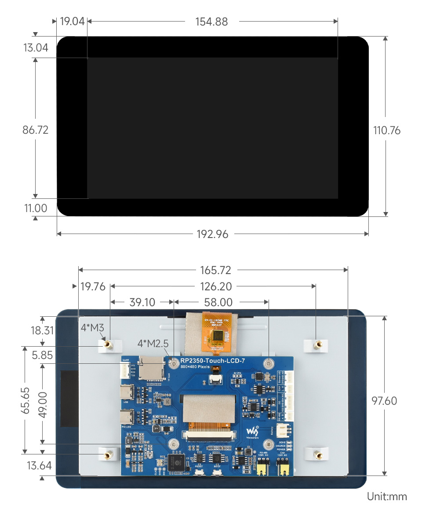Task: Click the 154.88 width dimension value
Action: [x=211, y=22]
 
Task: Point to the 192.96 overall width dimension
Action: [x=212, y=234]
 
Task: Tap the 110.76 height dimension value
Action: [x=387, y=131]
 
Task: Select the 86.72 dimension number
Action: [x=35, y=130]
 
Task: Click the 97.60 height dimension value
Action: [x=384, y=401]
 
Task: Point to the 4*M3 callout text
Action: [x=92, y=327]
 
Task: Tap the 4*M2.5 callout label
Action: [x=153, y=343]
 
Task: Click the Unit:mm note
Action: [x=387, y=497]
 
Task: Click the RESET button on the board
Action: [x=199, y=472]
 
